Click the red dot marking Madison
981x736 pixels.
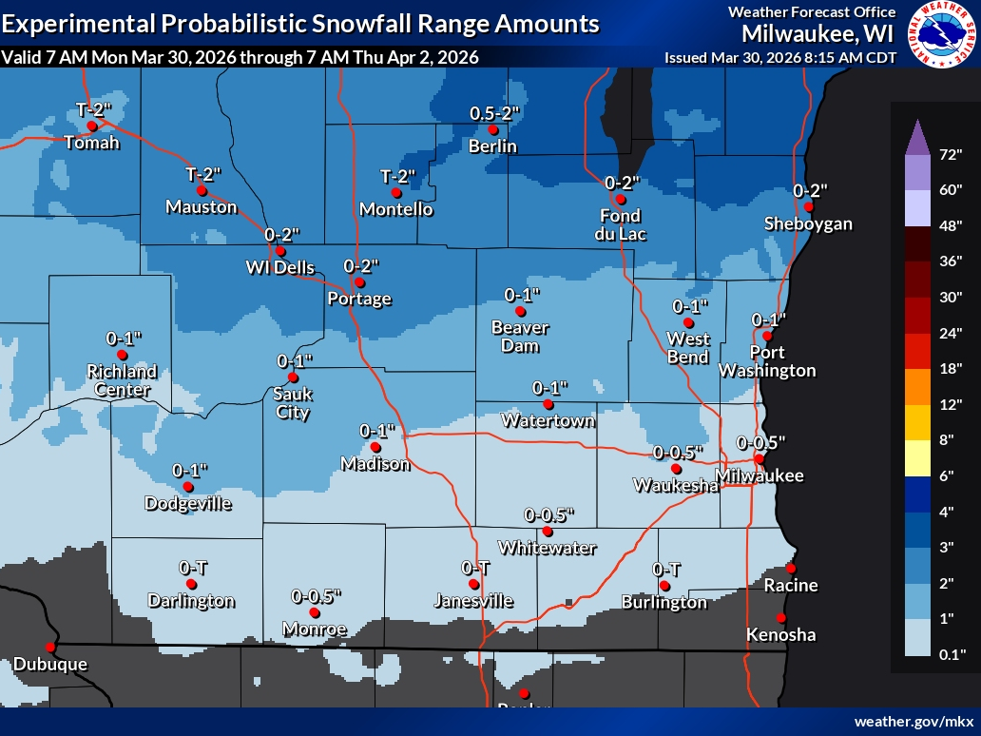coord(375,447)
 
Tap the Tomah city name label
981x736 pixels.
coord(92,144)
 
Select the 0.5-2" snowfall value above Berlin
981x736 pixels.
coord(494,113)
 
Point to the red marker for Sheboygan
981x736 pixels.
coord(808,206)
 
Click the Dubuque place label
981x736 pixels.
coord(49,664)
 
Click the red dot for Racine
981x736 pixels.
coord(790,568)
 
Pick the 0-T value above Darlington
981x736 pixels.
coord(193,568)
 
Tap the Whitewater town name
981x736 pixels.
coord(548,548)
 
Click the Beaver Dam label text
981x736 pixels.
coord(520,337)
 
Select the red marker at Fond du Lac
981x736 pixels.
coord(620,200)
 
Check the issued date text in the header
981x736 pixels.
coord(779,57)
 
